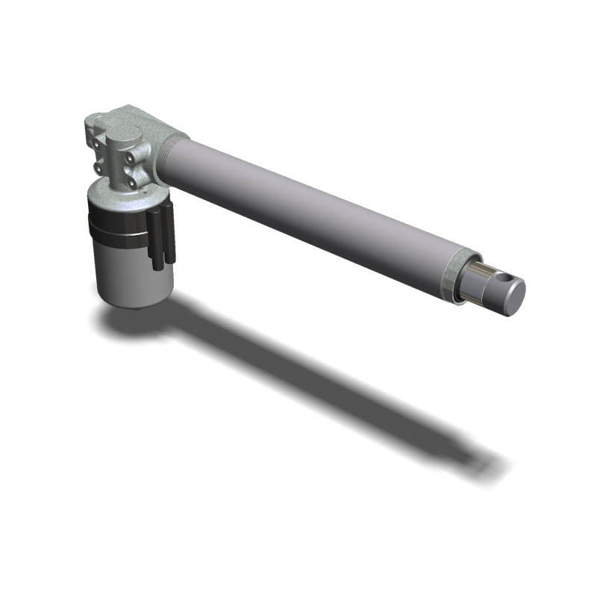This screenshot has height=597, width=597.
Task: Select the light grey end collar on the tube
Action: tap(452, 274)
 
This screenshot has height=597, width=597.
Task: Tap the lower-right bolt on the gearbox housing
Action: tap(132, 181)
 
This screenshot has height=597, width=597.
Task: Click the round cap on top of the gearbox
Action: tap(124, 134)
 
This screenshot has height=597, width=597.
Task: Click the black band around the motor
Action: tap(119, 227)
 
